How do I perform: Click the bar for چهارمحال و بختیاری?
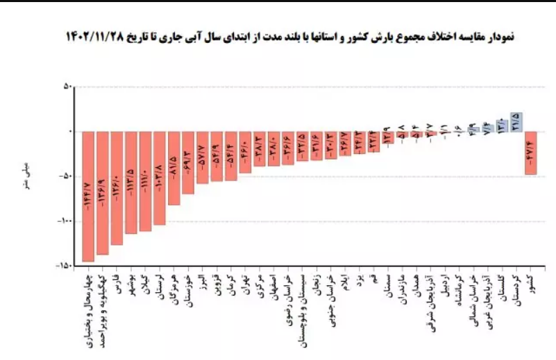tap(88, 196)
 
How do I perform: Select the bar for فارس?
tap(117, 188)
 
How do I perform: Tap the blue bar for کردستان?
tap(516, 122)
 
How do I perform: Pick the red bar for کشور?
tap(530, 153)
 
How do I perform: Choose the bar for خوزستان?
tap(188, 162)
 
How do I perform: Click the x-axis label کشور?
tap(530, 284)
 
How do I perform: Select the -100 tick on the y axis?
tap(63, 221)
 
